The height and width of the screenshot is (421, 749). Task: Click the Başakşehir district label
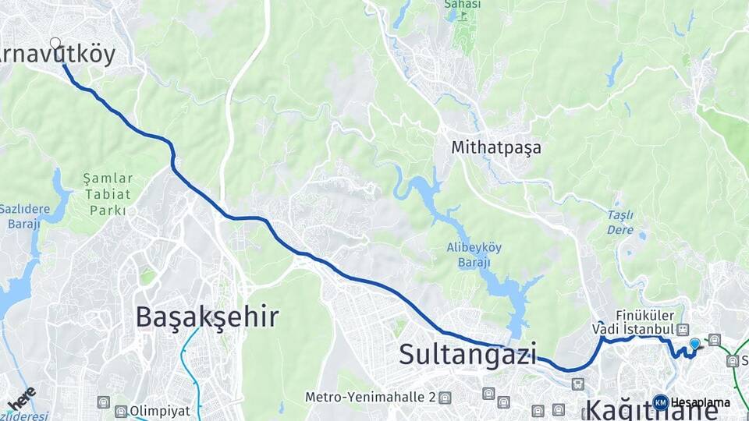[x=207, y=317]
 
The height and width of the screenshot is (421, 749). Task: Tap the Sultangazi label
[x=467, y=354]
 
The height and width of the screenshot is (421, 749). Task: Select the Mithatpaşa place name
[x=495, y=147]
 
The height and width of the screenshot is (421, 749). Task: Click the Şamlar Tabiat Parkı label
[x=108, y=194]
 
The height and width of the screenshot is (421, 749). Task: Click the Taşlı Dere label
[x=620, y=222]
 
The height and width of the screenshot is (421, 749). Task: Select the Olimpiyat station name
[x=160, y=411]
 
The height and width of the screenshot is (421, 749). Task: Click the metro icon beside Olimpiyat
[x=121, y=411]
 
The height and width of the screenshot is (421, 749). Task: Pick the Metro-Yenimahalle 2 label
[x=370, y=397]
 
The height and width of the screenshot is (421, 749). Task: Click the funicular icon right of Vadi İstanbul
[x=683, y=330]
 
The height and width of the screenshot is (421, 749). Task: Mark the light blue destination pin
[x=694, y=344]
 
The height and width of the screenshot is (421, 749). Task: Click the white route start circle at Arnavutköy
[x=55, y=42]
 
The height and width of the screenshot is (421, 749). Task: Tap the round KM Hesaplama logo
[x=660, y=402]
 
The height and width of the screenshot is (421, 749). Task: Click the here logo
[x=21, y=398]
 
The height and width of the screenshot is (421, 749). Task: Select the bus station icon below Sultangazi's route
[x=577, y=384]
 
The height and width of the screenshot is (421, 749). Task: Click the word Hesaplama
[x=700, y=402]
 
